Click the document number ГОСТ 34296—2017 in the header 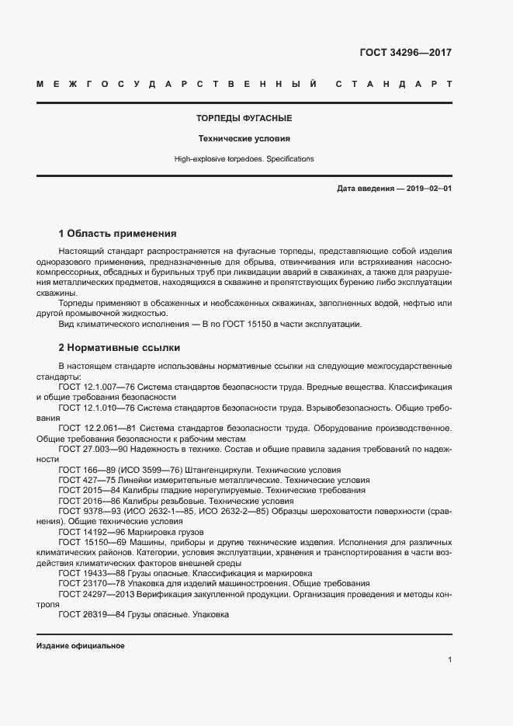pyautogui.click(x=405, y=53)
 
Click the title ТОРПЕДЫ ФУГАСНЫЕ pyautogui.click(x=244, y=119)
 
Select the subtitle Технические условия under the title pyautogui.click(x=244, y=139)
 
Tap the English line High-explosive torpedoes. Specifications pyautogui.click(x=244, y=158)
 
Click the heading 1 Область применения pyautogui.click(x=118, y=233)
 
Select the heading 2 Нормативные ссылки pyautogui.click(x=119, y=348)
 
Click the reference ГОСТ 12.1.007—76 pyautogui.click(x=97, y=386)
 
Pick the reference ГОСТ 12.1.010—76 pyautogui.click(x=97, y=406)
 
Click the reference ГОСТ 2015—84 pyautogui.click(x=86, y=491)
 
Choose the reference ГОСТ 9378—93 pyautogui.click(x=86, y=512)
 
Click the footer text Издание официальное pyautogui.click(x=80, y=646)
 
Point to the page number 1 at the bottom pyautogui.click(x=449, y=660)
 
